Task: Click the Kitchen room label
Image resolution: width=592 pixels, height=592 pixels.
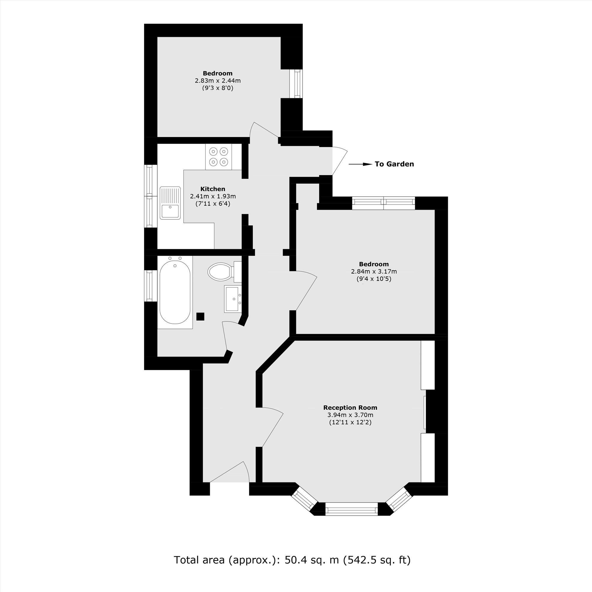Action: click(x=213, y=189)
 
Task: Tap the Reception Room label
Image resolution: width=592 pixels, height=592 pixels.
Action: click(x=350, y=408)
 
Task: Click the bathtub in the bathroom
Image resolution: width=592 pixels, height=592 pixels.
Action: click(x=175, y=292)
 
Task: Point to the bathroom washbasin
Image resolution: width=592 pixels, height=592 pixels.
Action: click(x=233, y=299)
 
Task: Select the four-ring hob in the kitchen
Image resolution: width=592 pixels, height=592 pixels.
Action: click(x=219, y=157)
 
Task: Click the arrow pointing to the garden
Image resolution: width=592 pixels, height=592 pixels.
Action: click(x=360, y=164)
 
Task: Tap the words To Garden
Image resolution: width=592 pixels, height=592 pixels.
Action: click(x=394, y=164)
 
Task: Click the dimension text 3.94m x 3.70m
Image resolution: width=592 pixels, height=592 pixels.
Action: click(x=350, y=415)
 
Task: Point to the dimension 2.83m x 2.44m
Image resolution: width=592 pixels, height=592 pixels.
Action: click(x=218, y=81)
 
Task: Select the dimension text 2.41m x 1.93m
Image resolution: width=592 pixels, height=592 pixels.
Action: click(x=213, y=197)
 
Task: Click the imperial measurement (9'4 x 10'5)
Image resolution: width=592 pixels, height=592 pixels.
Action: click(x=374, y=279)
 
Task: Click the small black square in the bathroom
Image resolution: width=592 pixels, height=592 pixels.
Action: click(x=200, y=316)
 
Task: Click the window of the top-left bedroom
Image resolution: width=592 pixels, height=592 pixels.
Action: click(x=296, y=84)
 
